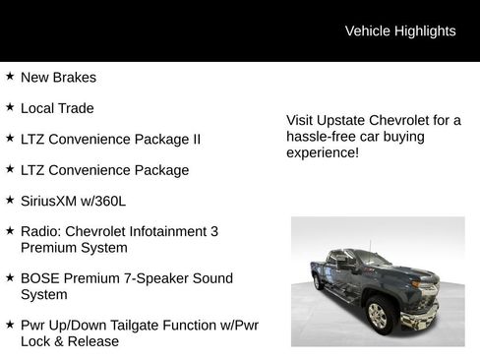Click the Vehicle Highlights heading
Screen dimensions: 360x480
click(x=400, y=31)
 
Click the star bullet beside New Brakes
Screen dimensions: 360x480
click(x=10, y=76)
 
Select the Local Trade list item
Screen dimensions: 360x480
click(x=57, y=108)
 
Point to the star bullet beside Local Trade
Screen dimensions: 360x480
click(x=10, y=106)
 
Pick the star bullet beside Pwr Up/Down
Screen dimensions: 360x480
click(x=10, y=324)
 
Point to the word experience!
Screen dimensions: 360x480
click(x=323, y=154)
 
